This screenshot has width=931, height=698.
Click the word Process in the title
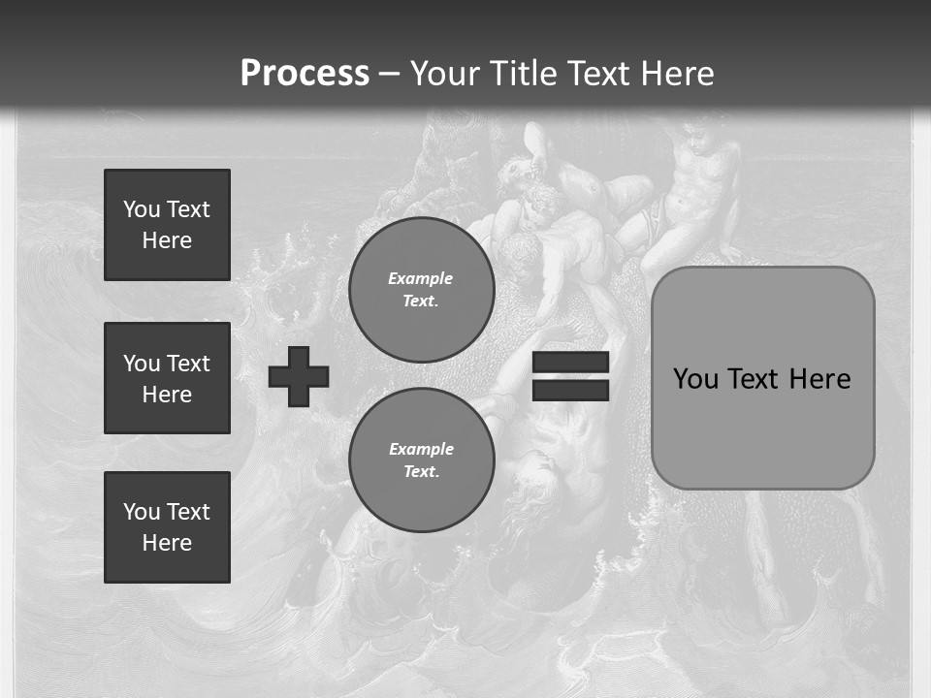click(x=305, y=73)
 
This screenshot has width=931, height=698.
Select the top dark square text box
click(x=167, y=225)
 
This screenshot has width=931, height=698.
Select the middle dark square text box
click(x=167, y=378)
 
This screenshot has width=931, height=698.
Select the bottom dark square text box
click(x=167, y=527)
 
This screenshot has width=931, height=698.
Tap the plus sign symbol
click(x=299, y=376)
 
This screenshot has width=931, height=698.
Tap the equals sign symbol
click(x=570, y=376)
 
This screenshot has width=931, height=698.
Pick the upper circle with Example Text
click(x=422, y=290)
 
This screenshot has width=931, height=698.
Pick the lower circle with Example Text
click(x=422, y=460)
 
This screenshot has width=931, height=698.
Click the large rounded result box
click(x=763, y=378)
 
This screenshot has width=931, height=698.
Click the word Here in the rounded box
click(x=820, y=379)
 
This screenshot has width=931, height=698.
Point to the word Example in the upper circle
click(x=421, y=278)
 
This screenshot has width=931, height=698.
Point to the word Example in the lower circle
click(x=421, y=449)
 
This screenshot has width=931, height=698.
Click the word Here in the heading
click(x=675, y=74)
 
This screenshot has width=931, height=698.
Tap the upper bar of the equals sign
click(x=570, y=362)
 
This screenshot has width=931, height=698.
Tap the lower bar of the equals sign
click(x=570, y=390)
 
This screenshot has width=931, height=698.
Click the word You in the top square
click(x=140, y=209)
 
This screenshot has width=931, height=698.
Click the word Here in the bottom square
click(x=167, y=543)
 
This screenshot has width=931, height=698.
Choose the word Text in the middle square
click(x=188, y=364)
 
